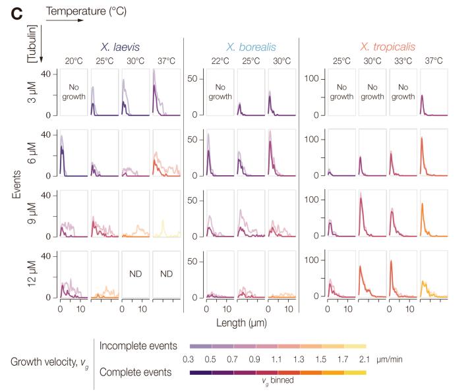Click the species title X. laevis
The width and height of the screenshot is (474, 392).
coord(123,47)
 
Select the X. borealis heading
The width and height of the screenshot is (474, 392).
coord(252,47)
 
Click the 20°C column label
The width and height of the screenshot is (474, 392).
coord(73,61)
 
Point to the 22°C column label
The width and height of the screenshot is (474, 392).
coord(220,61)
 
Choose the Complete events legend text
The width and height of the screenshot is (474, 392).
coord(140,371)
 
